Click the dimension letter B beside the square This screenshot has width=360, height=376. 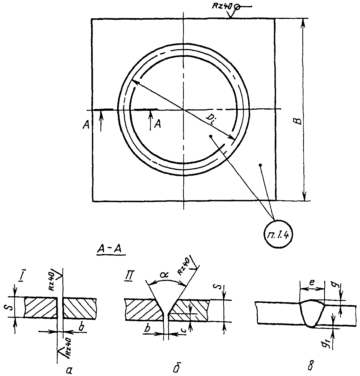[x=299, y=121]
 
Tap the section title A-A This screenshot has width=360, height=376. [x=109, y=249]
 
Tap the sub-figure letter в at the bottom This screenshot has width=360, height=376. [x=311, y=366]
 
